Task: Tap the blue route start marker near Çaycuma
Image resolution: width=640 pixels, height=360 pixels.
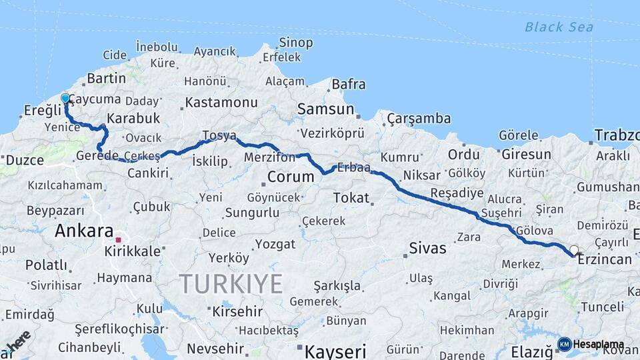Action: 65,99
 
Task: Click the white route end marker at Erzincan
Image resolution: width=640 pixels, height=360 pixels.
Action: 574,251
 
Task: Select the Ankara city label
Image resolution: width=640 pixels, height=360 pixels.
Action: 84,231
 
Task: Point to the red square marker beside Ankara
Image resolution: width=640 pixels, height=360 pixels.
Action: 118,239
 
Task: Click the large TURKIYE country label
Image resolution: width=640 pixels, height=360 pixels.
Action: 231,284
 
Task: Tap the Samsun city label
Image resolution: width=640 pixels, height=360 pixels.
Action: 325,109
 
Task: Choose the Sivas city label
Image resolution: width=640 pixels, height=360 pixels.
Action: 427,249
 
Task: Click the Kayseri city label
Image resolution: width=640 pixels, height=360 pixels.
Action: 336,350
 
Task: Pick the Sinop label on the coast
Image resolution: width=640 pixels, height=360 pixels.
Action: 296,43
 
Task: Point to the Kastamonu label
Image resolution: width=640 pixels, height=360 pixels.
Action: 221,103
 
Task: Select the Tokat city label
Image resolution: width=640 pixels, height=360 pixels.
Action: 351,197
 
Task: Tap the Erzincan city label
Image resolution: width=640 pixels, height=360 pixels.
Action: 605,259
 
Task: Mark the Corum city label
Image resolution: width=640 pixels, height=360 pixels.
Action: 290,177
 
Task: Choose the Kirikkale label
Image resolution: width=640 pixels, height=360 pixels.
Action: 132,251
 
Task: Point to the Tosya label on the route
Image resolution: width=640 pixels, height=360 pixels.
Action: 219,136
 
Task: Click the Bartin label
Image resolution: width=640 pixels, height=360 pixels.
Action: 106,78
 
